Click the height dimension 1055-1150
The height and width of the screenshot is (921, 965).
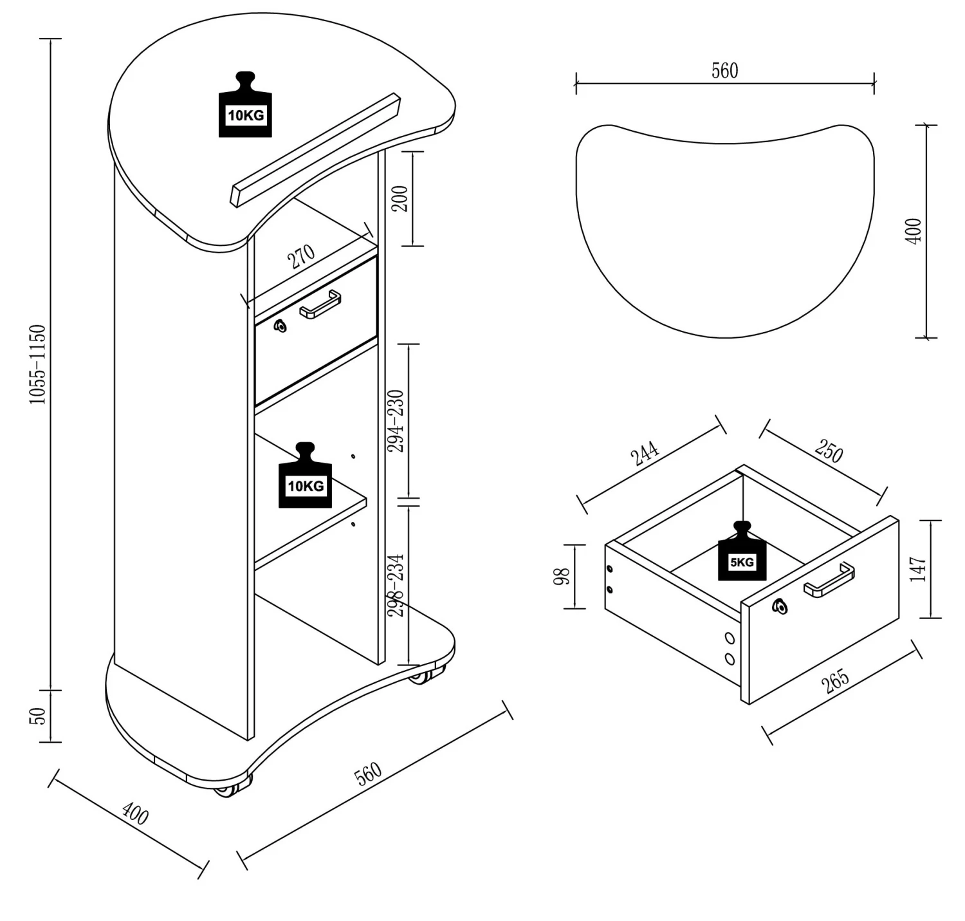(x=39, y=365)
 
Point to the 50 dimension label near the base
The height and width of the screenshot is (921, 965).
(x=39, y=716)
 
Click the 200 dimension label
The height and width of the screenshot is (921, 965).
(x=400, y=199)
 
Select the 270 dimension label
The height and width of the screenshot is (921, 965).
(x=301, y=256)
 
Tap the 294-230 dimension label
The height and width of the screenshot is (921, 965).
(x=397, y=421)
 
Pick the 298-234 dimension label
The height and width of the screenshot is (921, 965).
(x=397, y=585)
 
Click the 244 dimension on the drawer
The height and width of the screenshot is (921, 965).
(x=645, y=453)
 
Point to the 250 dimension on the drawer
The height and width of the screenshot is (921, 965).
(x=829, y=451)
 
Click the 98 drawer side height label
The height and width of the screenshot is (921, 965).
(x=562, y=577)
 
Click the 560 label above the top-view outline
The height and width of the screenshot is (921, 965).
(x=724, y=71)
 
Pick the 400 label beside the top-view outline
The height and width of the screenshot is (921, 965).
(x=914, y=231)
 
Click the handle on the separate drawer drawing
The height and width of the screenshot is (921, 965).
(x=829, y=580)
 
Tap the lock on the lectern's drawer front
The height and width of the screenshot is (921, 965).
(x=280, y=326)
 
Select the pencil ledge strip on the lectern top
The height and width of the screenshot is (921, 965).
(x=315, y=151)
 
